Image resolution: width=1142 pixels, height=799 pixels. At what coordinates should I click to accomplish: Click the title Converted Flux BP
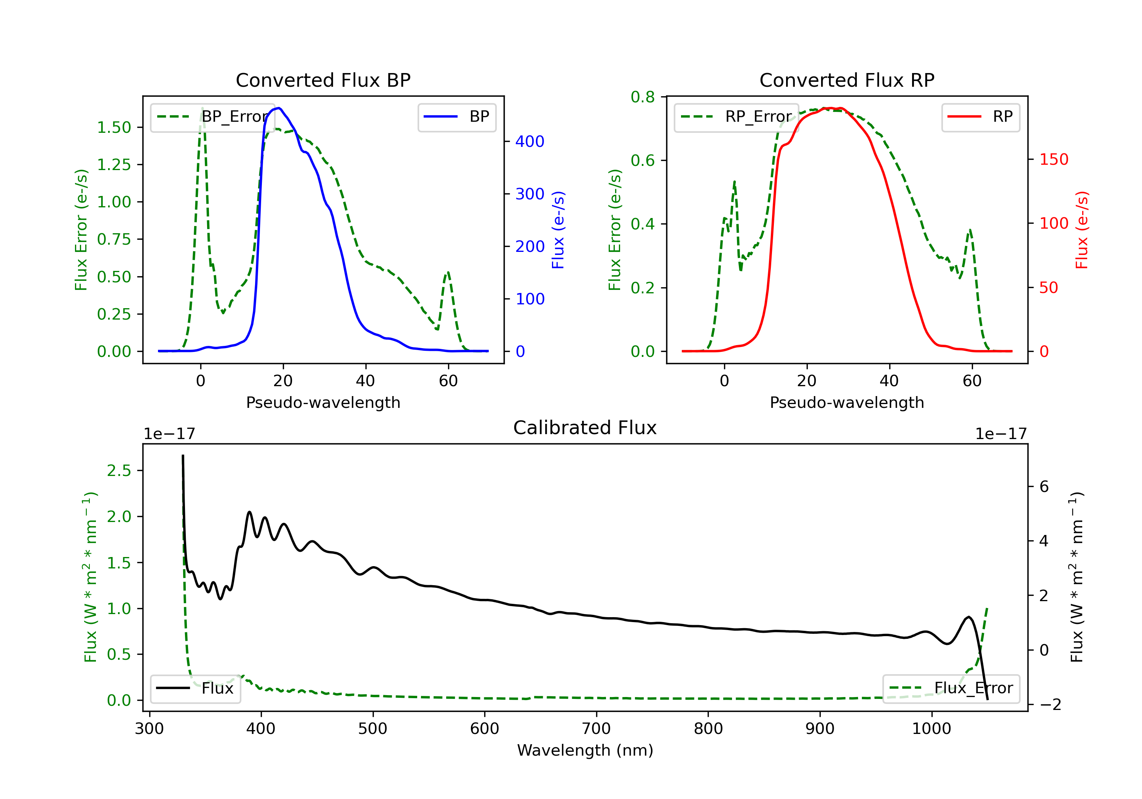[323, 80]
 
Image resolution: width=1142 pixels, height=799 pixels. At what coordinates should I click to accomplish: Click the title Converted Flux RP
[847, 80]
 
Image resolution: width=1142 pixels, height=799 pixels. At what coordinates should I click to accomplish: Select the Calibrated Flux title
[585, 428]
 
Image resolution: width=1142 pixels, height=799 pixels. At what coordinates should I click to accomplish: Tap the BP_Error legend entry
[213, 117]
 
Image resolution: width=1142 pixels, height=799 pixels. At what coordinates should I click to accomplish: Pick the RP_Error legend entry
[737, 117]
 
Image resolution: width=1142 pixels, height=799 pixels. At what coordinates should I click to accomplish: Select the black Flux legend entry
[196, 688]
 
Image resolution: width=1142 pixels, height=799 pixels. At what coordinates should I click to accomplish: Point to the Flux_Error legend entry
[951, 688]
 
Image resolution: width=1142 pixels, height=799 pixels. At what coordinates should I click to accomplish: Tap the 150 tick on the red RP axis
[1053, 159]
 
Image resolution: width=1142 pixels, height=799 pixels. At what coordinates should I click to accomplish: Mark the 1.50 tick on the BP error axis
[114, 128]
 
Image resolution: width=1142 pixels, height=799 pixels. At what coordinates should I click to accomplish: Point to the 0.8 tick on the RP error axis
[643, 97]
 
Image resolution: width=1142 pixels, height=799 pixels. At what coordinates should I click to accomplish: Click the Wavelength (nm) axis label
[585, 750]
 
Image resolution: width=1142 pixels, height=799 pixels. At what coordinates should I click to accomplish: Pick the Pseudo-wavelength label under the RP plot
[847, 403]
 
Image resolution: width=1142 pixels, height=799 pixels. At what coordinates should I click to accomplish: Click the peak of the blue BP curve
[279, 108]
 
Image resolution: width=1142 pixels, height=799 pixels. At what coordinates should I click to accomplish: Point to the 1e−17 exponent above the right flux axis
[1001, 434]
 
